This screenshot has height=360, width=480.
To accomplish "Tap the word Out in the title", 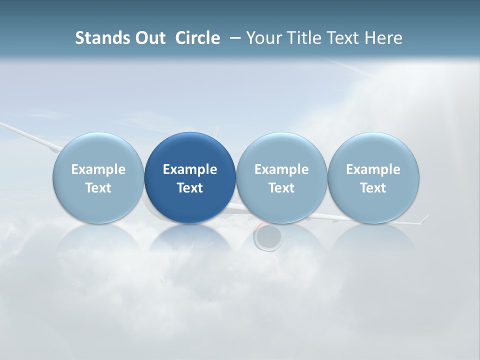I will click(x=149, y=38).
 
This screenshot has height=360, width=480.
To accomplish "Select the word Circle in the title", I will click(x=197, y=38).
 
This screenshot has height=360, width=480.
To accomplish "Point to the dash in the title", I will click(x=234, y=38).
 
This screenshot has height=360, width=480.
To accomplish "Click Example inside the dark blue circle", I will click(x=190, y=169).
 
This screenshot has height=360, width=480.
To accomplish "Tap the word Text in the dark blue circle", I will click(x=190, y=188).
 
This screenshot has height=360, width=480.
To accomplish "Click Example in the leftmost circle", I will click(x=98, y=169).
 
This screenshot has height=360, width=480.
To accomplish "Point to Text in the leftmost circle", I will click(x=98, y=188).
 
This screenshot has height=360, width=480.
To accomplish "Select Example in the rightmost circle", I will click(x=373, y=169).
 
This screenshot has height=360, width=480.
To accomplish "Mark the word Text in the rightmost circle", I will click(x=373, y=188).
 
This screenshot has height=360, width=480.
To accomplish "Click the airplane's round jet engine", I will click(x=268, y=236).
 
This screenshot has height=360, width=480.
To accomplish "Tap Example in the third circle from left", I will click(x=281, y=169).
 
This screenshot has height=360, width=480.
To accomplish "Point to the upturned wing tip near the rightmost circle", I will click(x=425, y=218).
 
